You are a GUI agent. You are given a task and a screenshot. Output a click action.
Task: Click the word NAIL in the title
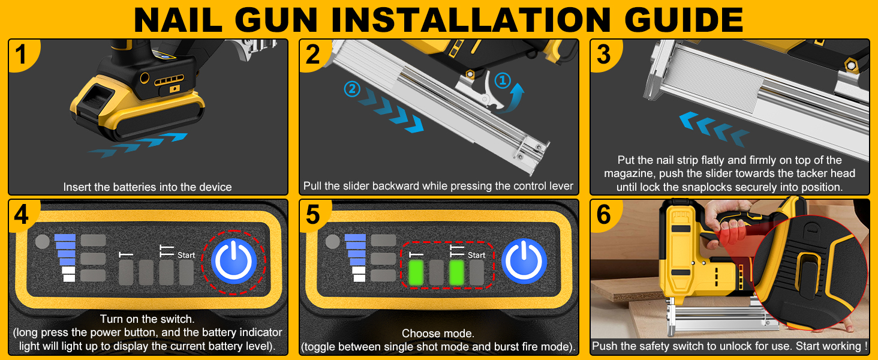pyautogui.click(x=178, y=19)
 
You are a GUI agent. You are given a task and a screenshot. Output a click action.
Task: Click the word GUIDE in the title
pyautogui.click(x=684, y=19)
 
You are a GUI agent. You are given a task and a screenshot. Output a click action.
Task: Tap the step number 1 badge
pyautogui.click(x=22, y=54)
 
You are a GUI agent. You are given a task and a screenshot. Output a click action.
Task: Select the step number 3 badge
pyautogui.click(x=604, y=54)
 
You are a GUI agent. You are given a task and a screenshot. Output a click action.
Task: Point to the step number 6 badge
pyautogui.click(x=604, y=215)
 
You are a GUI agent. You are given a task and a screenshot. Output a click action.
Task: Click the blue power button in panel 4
pyautogui.click(x=234, y=262)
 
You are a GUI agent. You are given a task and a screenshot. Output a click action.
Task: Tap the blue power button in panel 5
pyautogui.click(x=524, y=262)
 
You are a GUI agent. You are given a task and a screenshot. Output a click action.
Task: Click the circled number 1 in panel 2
pyautogui.click(x=503, y=80)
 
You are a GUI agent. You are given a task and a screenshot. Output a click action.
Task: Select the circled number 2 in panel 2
pyautogui.click(x=352, y=89)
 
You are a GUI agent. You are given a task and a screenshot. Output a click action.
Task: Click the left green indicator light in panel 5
pyautogui.click(x=416, y=272)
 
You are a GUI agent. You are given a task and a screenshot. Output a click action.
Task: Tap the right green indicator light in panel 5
pyautogui.click(x=456, y=272)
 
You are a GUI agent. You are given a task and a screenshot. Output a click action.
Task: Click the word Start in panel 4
pyautogui.click(x=186, y=255)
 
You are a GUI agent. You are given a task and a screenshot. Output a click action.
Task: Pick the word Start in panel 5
pyautogui.click(x=476, y=255)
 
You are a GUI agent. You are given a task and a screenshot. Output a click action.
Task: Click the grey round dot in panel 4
pyautogui.click(x=43, y=242)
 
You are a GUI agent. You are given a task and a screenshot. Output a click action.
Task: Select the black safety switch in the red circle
pyautogui.click(x=808, y=275)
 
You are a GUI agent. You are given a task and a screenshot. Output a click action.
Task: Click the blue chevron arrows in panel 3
pyautogui.click(x=714, y=130)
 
